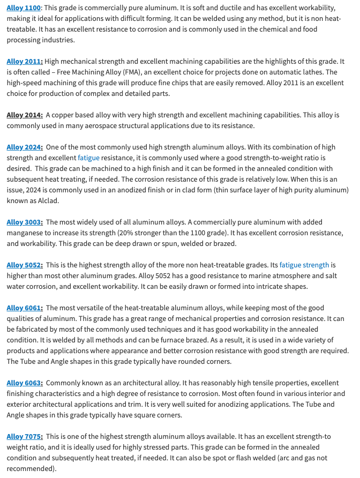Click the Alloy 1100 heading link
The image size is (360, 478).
(x=24, y=8)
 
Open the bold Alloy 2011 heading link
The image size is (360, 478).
(x=24, y=62)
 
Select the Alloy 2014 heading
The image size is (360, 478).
(x=24, y=115)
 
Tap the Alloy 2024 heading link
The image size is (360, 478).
(x=24, y=147)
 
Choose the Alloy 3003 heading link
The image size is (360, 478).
(x=24, y=222)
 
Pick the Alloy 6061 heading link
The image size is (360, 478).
(x=24, y=308)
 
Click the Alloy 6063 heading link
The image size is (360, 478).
(x=24, y=383)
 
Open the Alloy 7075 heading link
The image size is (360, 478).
(x=24, y=436)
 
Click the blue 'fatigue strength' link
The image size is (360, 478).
(x=304, y=265)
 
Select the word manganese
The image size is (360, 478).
(x=26, y=233)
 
